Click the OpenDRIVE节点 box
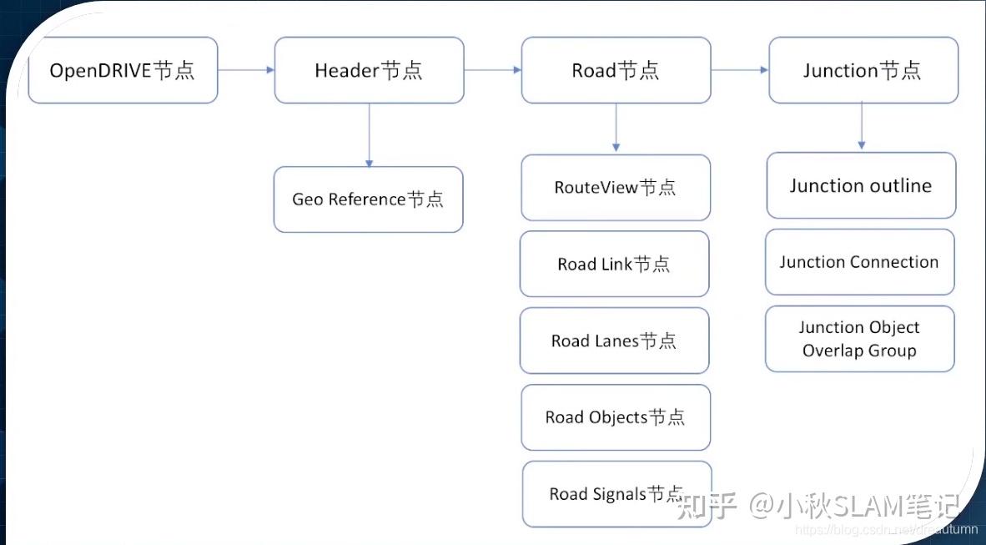[123, 70]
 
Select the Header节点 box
[369, 70]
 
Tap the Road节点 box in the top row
[616, 70]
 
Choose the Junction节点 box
[863, 70]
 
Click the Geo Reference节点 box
[368, 199]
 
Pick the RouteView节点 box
[616, 187]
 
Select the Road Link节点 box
[614, 264]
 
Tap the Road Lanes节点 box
[614, 341]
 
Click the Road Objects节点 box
[616, 417]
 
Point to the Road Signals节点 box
[616, 494]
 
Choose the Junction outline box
[861, 185]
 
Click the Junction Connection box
[859, 262]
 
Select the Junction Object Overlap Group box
[859, 339]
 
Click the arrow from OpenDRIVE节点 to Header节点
[246, 70]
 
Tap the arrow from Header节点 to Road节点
[492, 70]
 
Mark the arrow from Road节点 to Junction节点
[739, 70]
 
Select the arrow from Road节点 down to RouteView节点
[616, 128]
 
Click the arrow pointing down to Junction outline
[862, 128]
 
